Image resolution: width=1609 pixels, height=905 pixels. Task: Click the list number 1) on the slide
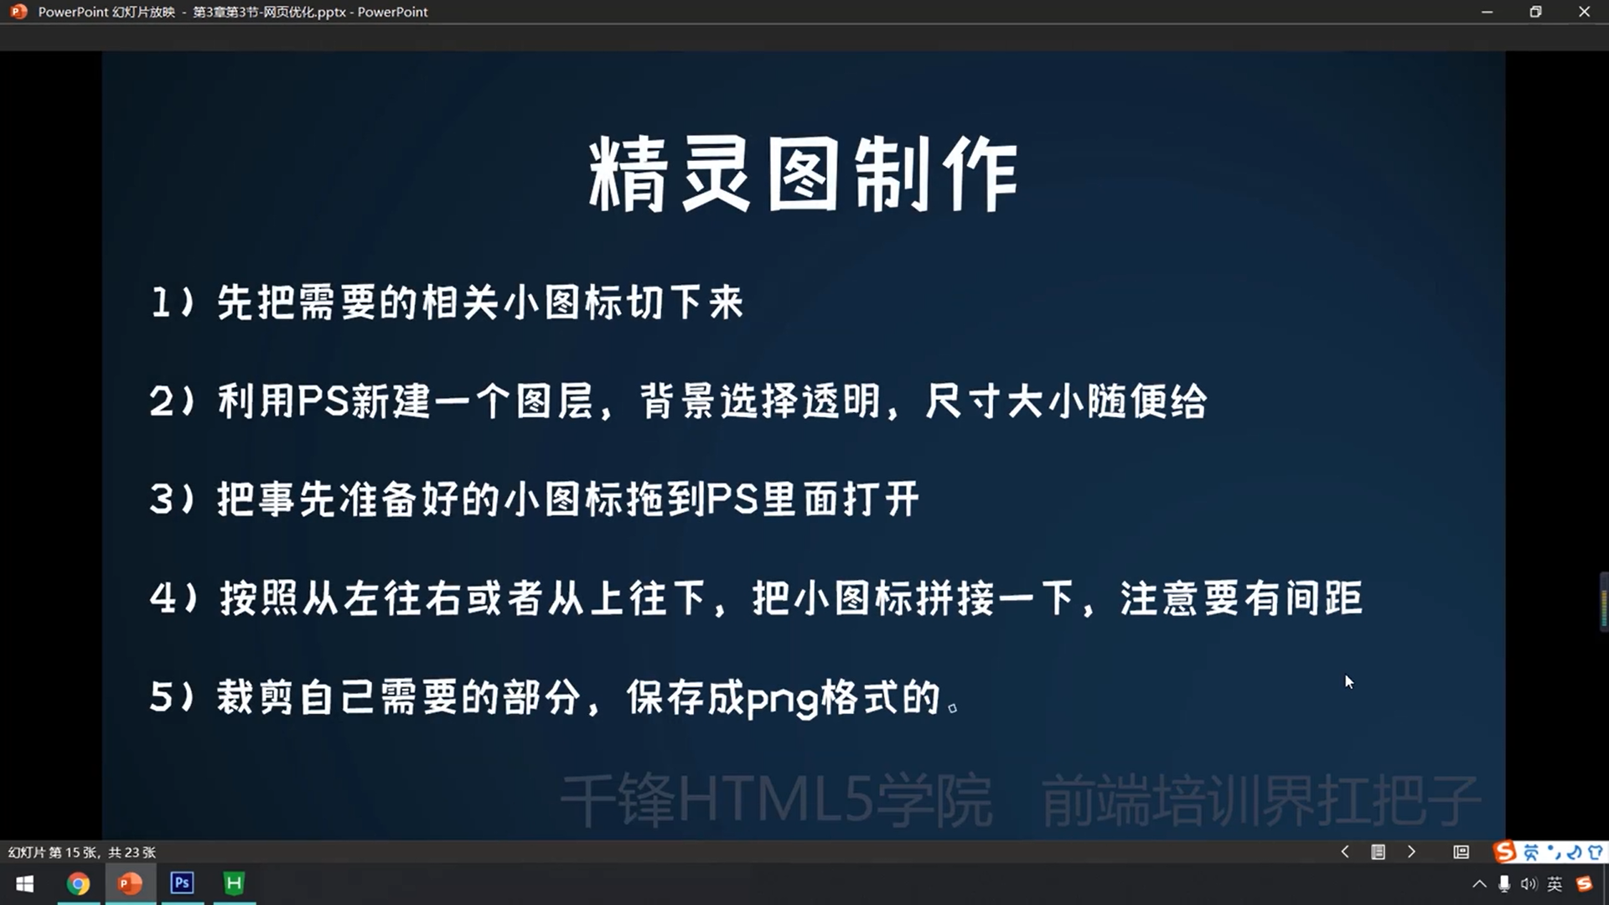tap(173, 302)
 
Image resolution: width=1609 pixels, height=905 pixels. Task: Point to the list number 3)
tap(173, 499)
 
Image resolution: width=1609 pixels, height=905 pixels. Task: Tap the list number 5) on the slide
tap(173, 697)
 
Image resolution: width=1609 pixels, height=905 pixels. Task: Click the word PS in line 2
tap(323, 401)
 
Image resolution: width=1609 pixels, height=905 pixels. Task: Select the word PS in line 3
tap(732, 499)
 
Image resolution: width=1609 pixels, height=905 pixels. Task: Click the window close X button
tap(1584, 12)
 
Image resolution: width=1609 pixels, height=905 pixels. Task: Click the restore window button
tap(1535, 12)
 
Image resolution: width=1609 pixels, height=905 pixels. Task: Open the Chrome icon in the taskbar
tap(78, 884)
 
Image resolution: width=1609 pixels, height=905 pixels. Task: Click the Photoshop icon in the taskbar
tap(182, 883)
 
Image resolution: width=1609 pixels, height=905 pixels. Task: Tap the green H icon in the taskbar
tap(234, 883)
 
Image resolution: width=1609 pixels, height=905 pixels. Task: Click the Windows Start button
tap(25, 884)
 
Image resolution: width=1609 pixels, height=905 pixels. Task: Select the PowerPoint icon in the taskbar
tap(130, 883)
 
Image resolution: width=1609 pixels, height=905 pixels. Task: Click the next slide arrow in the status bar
tap(1412, 852)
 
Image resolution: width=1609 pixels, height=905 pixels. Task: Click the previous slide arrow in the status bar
tap(1345, 852)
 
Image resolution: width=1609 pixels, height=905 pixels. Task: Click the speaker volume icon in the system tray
tap(1529, 884)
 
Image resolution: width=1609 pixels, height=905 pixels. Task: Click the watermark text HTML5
tap(775, 800)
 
